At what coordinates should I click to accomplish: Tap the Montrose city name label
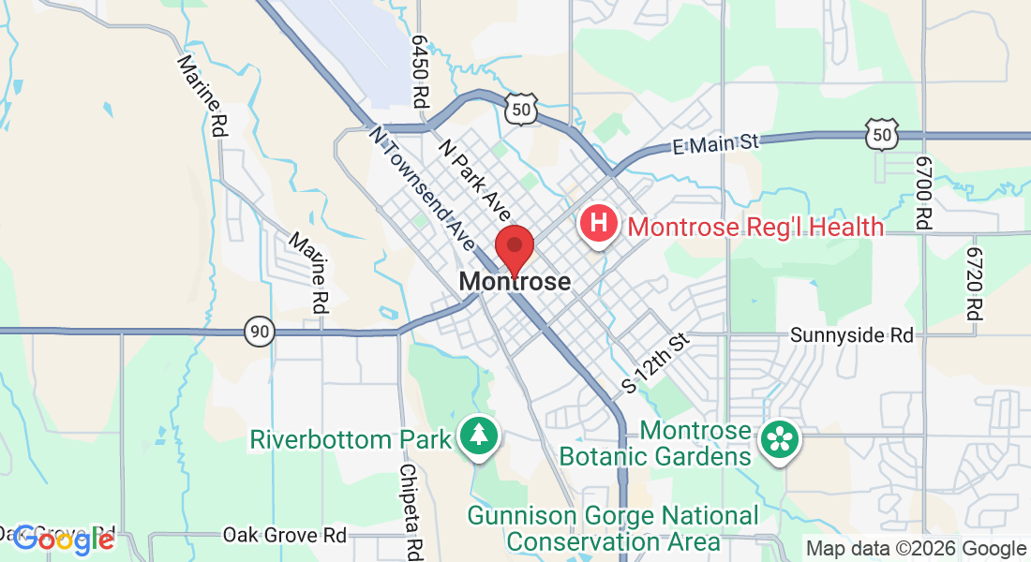[x=515, y=282]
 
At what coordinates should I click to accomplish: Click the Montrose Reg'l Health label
[x=755, y=227]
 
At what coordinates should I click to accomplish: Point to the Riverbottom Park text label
[x=351, y=439]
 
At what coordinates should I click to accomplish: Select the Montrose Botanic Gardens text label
[x=655, y=444]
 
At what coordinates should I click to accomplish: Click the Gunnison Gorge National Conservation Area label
[x=613, y=529]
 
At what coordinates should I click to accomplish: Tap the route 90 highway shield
[x=261, y=331]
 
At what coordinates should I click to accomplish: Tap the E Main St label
[x=715, y=143]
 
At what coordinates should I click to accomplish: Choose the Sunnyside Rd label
[x=851, y=334]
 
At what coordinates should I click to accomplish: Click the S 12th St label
[x=656, y=362]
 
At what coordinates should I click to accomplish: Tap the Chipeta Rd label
[x=410, y=510]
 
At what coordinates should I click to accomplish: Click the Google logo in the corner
[x=64, y=539]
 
